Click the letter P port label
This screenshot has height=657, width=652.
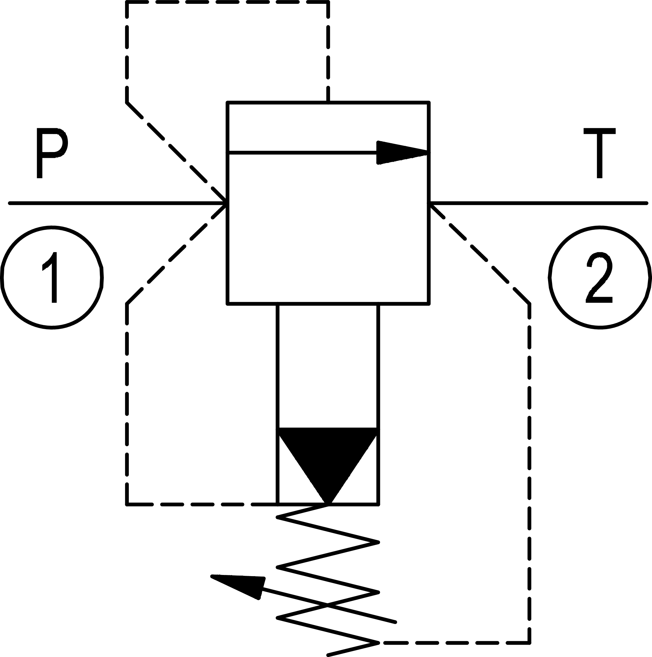tap(52, 153)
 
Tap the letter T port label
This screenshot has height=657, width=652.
tap(599, 153)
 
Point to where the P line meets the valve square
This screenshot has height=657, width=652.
tap(227, 203)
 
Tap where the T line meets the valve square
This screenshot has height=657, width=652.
tap(429, 203)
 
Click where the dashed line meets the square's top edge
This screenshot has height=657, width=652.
tap(328, 102)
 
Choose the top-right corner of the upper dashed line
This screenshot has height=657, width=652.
tap(328, 2)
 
